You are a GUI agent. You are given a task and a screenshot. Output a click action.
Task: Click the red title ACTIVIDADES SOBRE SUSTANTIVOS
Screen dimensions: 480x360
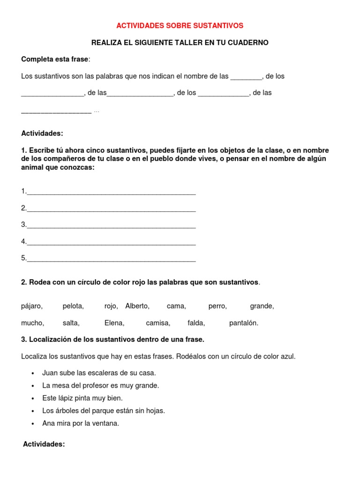(x=180, y=25)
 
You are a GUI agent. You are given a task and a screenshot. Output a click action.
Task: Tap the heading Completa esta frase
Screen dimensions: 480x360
(x=54, y=59)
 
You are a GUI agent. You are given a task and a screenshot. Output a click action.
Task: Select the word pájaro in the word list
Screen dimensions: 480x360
(x=31, y=307)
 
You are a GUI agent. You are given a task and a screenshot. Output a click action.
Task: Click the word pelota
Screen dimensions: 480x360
(x=73, y=307)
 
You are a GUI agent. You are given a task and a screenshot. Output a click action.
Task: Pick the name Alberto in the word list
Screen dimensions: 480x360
(x=137, y=307)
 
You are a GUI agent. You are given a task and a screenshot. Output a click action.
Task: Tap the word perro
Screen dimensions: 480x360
(x=217, y=307)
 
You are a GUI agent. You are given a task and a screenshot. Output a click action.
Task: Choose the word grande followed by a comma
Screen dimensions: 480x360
(x=262, y=307)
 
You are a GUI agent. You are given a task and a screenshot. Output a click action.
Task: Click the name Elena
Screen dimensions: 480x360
(x=114, y=323)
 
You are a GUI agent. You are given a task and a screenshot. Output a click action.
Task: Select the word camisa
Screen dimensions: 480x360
(x=158, y=323)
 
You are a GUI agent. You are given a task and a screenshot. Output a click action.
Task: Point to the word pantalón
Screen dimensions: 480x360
(x=243, y=323)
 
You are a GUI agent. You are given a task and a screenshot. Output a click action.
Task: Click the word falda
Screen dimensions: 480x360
(x=196, y=323)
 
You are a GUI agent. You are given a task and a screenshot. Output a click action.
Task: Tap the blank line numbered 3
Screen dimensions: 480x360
(x=111, y=225)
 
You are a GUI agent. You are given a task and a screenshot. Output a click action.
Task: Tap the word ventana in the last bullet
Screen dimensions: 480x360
(x=106, y=424)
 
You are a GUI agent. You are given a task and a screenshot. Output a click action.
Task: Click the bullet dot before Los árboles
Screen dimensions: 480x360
(x=33, y=411)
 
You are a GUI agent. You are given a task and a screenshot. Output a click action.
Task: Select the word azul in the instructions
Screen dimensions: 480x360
(x=288, y=356)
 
